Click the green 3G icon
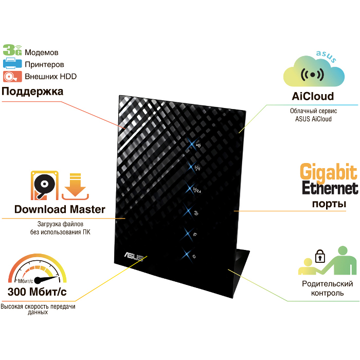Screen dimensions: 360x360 (x=12, y=50)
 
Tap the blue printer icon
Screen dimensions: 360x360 (x=12, y=64)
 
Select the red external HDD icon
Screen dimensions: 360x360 (x=12, y=77)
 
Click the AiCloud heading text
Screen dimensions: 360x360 (x=313, y=96)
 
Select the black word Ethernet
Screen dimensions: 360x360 (x=329, y=188)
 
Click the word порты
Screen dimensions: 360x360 (x=329, y=204)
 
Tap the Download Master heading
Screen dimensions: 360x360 (x=60, y=209)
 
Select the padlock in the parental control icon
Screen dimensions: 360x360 (x=319, y=255)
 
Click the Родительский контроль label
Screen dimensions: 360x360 (x=328, y=289)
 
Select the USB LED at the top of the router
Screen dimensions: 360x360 (x=198, y=145)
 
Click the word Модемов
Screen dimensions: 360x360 (x=42, y=52)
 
